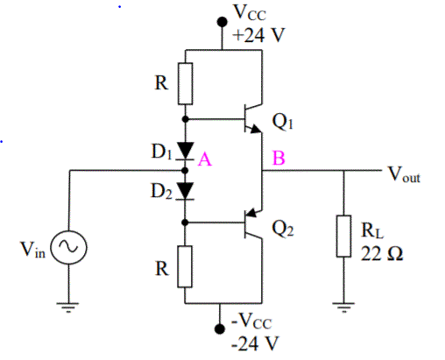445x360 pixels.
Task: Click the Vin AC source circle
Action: coord(66,251)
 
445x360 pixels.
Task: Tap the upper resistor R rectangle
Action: coord(186,83)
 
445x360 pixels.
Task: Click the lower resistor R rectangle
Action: coord(186,266)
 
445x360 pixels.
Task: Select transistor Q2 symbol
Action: coord(250,224)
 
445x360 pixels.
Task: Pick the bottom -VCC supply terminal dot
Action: coord(220,328)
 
